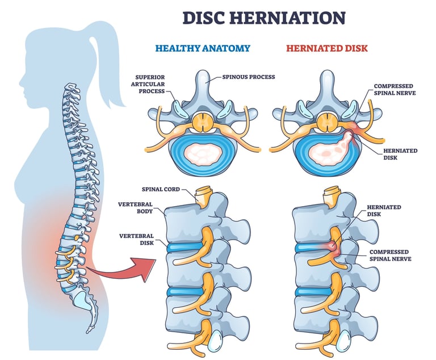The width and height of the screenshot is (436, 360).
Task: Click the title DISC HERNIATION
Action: [x=263, y=18]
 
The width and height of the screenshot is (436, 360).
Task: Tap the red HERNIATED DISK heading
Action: [x=326, y=48]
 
